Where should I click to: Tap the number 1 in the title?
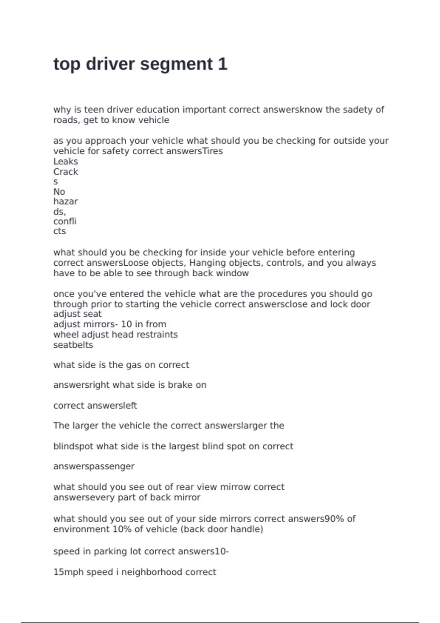223,64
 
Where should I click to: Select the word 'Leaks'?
66,161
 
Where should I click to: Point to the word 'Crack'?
66,172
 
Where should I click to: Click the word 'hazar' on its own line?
65,202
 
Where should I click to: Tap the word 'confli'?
65,221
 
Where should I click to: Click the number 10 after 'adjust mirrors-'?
126,324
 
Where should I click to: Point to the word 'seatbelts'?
73,345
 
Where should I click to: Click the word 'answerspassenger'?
94,467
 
